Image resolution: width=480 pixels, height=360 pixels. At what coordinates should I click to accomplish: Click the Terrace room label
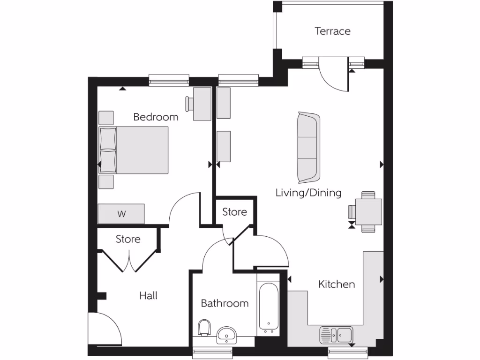(x=332, y=31)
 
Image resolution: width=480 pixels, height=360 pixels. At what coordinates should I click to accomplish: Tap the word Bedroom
(x=156, y=117)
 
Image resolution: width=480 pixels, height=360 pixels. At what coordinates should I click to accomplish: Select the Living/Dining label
(x=308, y=193)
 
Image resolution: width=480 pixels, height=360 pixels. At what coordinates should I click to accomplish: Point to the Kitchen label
(x=336, y=284)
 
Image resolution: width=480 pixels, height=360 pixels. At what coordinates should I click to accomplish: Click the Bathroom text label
(x=225, y=303)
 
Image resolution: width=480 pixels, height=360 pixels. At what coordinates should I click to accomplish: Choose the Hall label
(x=148, y=295)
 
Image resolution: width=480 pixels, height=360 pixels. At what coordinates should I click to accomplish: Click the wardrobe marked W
(x=121, y=214)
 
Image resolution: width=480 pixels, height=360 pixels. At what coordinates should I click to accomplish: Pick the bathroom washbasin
(x=228, y=335)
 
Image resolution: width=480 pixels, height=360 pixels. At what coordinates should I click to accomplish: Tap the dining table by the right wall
(x=368, y=212)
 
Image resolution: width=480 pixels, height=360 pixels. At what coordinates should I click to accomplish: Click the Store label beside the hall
(x=128, y=239)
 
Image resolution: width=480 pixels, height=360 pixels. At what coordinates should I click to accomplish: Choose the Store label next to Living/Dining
(x=234, y=212)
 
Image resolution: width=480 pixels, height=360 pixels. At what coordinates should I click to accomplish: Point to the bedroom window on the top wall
(x=169, y=81)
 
